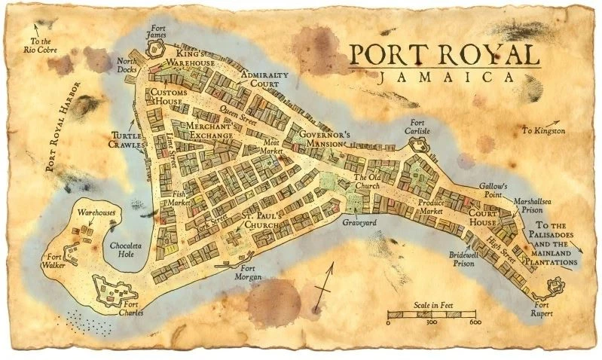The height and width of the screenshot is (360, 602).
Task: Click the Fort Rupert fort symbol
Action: click(x=557, y=286)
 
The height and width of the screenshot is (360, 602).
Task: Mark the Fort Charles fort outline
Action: click(x=114, y=288)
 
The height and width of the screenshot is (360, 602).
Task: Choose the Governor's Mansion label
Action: click(x=325, y=139)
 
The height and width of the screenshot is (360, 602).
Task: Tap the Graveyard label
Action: click(x=359, y=224)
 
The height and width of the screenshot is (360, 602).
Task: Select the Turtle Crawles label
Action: click(x=126, y=139)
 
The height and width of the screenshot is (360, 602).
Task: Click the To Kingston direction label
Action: click(x=543, y=131)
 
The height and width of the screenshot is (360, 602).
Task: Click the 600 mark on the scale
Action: click(x=475, y=323)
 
